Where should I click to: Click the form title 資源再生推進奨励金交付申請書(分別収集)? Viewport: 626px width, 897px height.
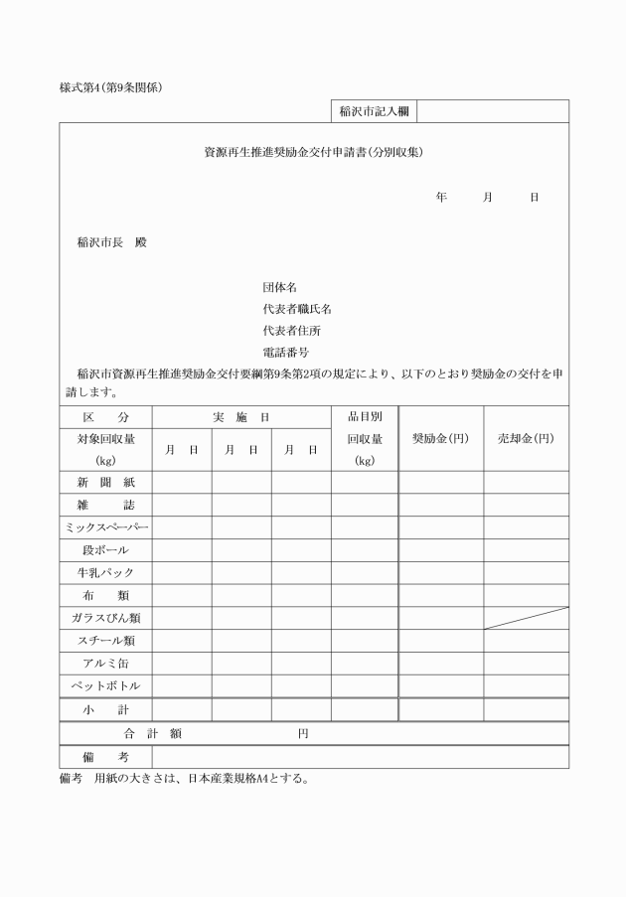(314, 153)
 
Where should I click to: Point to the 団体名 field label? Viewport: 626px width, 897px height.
(279, 287)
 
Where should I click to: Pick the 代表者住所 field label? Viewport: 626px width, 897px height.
(291, 330)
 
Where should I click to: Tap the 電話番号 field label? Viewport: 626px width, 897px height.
(285, 352)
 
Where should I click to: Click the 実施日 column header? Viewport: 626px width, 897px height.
(241, 417)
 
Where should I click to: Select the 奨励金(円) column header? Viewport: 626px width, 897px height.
(440, 438)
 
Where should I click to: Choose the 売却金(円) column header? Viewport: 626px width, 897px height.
(526, 438)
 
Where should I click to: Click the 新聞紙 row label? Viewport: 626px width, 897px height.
(105, 482)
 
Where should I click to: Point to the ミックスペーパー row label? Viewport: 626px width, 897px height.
(105, 526)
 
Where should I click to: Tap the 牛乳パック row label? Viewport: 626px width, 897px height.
(105, 572)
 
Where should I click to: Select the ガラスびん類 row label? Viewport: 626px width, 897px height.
(105, 618)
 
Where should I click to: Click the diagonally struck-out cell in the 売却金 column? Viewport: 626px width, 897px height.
(526, 618)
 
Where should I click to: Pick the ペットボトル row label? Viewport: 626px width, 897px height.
(105, 685)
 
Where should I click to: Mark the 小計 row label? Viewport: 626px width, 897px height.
(105, 710)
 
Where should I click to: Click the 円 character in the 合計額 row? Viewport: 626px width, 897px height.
(303, 734)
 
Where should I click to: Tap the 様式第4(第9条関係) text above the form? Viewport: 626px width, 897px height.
(111, 86)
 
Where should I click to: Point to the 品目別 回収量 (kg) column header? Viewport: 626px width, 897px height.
(365, 438)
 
